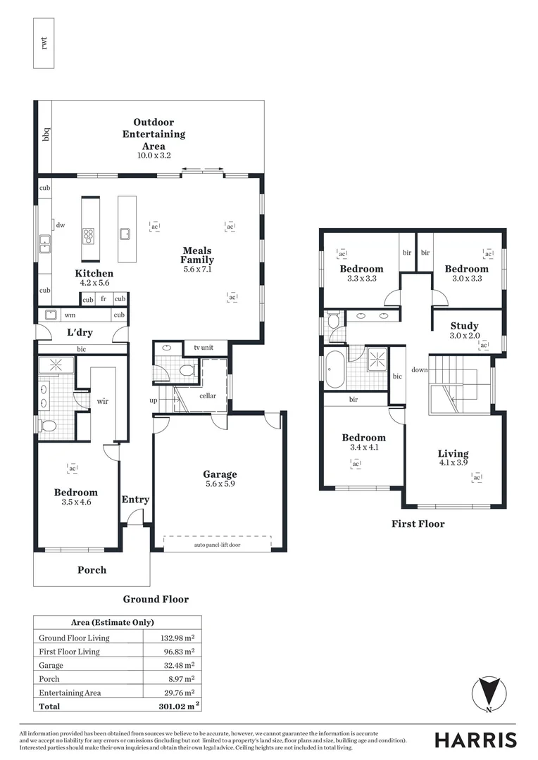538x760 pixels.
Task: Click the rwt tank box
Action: point(44,43)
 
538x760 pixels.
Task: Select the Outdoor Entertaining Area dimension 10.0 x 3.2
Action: point(154,155)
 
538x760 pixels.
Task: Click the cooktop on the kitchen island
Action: point(90,234)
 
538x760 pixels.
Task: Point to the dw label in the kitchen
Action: point(61,225)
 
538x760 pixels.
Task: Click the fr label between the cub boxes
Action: point(104,299)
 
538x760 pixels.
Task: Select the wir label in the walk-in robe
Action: point(102,402)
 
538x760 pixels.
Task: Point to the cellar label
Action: point(208,395)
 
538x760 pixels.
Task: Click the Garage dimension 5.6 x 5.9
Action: point(220,484)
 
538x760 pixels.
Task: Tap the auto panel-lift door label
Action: point(216,545)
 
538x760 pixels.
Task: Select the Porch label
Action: point(92,569)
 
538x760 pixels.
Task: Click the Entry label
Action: point(135,500)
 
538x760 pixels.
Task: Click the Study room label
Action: point(464,326)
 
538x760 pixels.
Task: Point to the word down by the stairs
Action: point(419,369)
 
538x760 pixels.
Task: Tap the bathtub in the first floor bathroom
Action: point(334,367)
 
